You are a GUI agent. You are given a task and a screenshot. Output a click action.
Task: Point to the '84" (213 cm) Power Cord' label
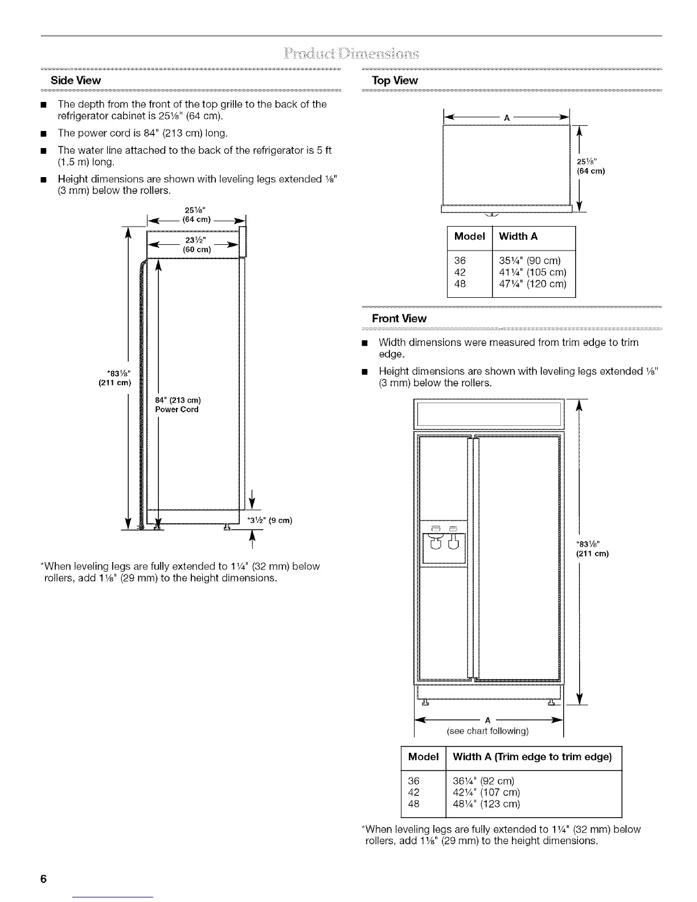(177, 404)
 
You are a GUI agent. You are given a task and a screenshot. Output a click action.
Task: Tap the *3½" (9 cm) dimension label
(269, 520)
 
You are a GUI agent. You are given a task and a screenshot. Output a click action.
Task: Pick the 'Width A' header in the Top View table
(518, 236)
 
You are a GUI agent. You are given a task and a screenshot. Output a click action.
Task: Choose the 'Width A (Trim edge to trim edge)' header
(532, 757)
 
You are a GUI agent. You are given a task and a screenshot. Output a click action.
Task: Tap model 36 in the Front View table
(414, 780)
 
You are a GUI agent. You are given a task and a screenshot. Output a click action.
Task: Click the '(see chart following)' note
(488, 731)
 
